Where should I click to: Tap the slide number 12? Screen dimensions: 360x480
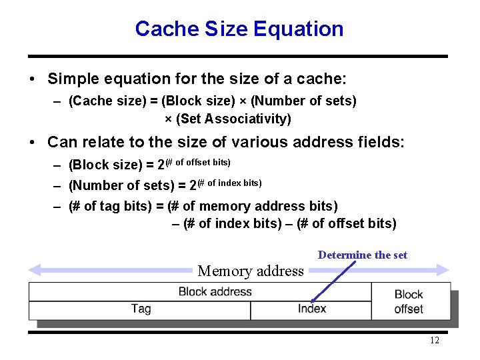coord(434,341)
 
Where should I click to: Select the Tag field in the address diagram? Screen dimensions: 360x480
coord(141,309)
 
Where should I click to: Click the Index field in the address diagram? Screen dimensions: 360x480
coord(311,309)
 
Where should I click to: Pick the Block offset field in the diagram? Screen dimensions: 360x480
coord(409,301)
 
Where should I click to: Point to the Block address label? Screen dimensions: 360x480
coord(215,291)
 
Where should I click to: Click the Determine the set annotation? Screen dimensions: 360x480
coord(362,255)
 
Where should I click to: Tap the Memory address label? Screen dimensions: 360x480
coord(251,271)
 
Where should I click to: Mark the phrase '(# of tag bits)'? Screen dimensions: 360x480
coord(110,207)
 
